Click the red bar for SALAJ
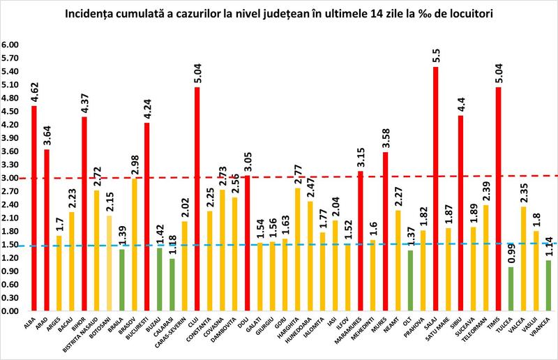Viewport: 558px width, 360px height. [436, 188]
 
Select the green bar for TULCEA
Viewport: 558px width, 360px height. [511, 289]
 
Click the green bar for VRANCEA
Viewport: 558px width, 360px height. [549, 285]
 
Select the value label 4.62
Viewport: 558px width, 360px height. [34, 90]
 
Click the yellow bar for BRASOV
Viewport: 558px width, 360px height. [135, 244]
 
